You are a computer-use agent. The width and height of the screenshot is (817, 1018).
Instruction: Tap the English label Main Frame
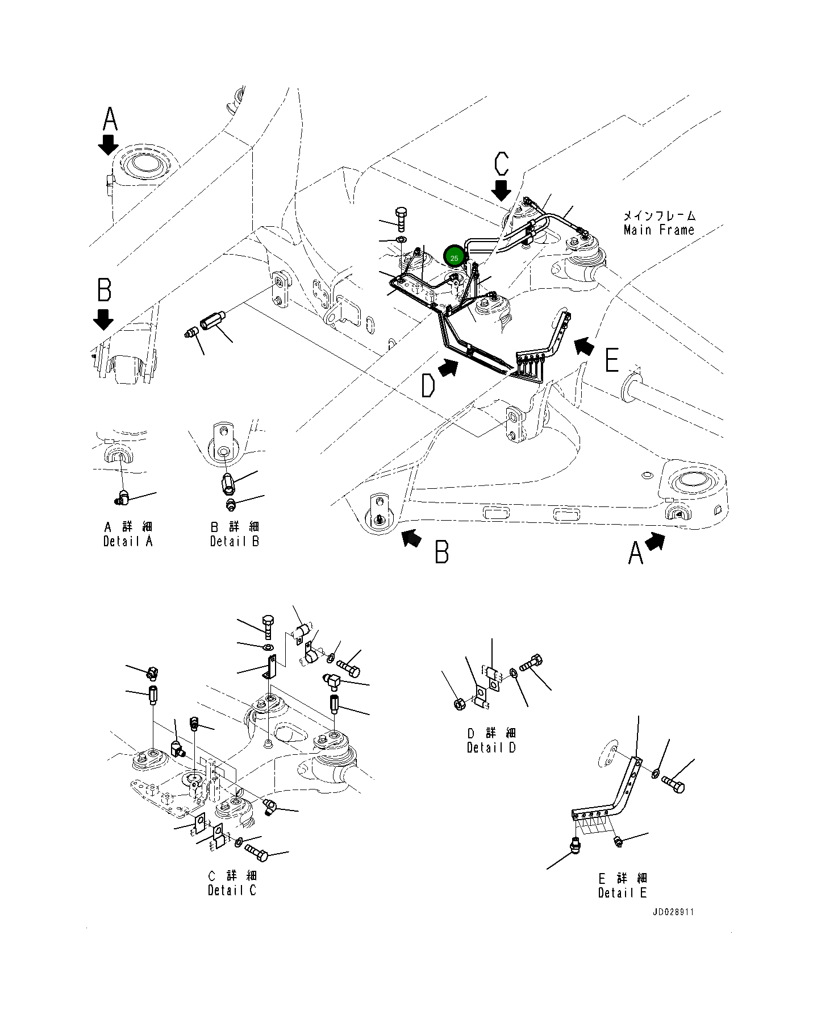coord(658,230)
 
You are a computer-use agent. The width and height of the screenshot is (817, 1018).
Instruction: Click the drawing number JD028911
coord(673,912)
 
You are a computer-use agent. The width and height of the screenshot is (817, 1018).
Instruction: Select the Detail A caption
coord(128,541)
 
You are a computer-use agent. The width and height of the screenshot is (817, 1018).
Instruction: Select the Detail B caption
coord(234,541)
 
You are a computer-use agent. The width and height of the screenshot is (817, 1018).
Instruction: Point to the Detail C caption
coord(232,890)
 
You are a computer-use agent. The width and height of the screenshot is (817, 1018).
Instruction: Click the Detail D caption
coord(491,747)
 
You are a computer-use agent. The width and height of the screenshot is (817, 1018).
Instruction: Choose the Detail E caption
coord(622,892)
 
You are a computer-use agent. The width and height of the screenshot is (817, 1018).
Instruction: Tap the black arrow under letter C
coord(501,190)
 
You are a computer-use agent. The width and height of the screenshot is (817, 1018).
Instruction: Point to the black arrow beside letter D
coord(449,368)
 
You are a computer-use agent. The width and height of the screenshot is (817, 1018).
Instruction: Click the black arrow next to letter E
coord(584,345)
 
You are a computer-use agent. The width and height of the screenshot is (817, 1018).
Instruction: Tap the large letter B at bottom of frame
coord(441,552)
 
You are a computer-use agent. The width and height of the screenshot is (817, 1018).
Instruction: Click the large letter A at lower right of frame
coord(635,553)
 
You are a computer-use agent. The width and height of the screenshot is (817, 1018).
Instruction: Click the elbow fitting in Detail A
coord(122,498)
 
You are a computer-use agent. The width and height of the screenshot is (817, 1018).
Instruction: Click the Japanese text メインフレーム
coord(658,216)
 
